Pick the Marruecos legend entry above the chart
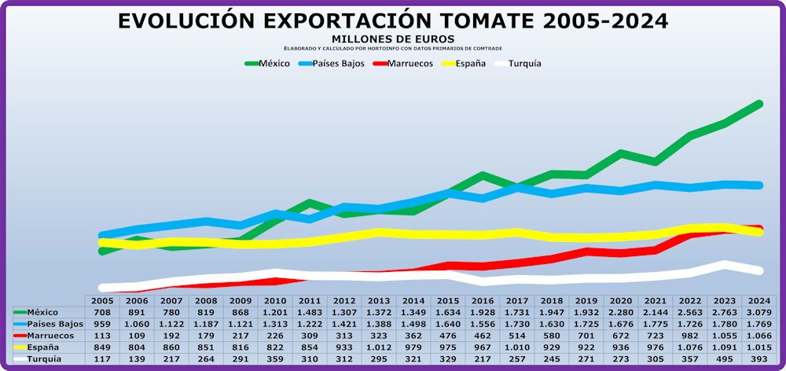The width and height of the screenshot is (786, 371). click(402, 64)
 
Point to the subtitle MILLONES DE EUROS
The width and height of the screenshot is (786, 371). click(393, 39)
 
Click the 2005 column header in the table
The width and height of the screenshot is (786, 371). click(102, 300)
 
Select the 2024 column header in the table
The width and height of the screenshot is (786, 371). click(758, 300)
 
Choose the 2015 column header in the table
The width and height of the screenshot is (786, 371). click(447, 300)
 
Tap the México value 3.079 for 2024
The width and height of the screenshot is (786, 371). click(758, 312)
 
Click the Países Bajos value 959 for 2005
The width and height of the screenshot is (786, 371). click(102, 324)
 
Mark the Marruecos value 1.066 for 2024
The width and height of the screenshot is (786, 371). click(758, 335)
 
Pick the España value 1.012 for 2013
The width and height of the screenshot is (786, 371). click(379, 347)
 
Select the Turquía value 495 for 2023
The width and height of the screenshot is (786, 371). click(724, 358)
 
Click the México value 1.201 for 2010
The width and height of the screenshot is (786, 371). click(275, 312)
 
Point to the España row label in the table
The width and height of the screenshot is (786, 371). click(44, 347)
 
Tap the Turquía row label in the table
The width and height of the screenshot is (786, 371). click(44, 358)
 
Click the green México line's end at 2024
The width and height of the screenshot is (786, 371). click(759, 104)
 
